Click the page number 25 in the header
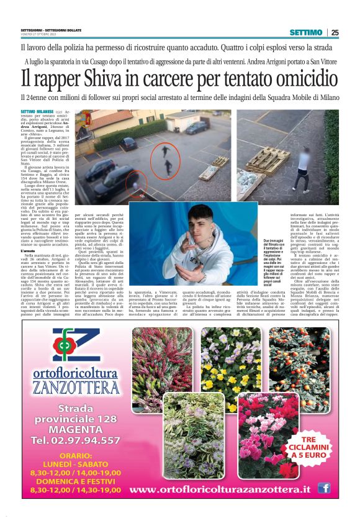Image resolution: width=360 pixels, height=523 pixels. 335,32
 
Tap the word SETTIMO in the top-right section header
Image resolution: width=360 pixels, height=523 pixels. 306,32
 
